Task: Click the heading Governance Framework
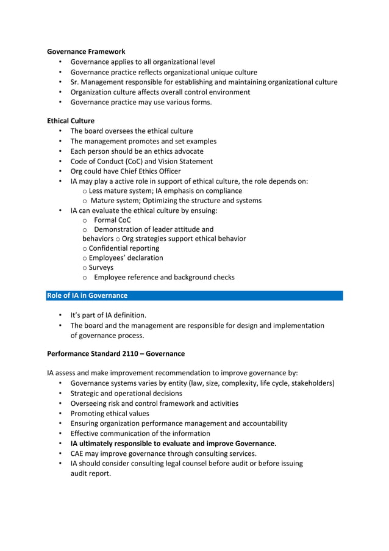86,52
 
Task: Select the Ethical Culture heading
71,121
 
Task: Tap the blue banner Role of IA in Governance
87,295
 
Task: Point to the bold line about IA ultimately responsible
173,444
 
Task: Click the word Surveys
101,267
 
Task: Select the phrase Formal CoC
112,220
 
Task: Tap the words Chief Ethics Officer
149,171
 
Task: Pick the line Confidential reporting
124,248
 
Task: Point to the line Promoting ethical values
110,413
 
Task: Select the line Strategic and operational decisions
126,393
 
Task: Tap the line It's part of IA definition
109,315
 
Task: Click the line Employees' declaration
126,257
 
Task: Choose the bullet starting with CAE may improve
163,453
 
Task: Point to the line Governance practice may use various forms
141,102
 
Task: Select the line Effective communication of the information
140,433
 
